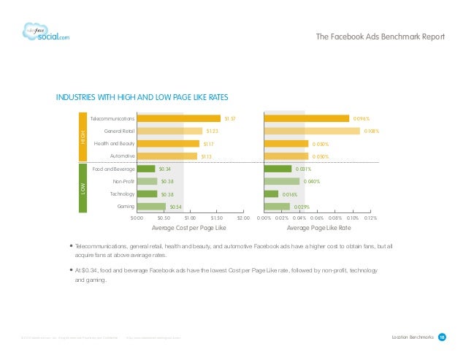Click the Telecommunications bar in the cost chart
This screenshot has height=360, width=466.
(x=178, y=118)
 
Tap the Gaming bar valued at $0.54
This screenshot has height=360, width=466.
(x=151, y=207)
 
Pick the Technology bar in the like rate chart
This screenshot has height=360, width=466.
(x=271, y=194)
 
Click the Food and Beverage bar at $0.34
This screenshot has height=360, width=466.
(x=146, y=169)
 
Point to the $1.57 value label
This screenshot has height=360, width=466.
(x=229, y=118)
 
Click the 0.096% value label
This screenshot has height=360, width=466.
(x=361, y=118)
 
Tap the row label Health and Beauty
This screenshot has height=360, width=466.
(x=114, y=143)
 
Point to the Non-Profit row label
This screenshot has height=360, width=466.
(x=122, y=181)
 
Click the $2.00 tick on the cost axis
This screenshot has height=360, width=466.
(x=244, y=218)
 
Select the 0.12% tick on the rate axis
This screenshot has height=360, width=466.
(x=370, y=218)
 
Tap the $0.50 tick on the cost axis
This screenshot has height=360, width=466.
(x=164, y=218)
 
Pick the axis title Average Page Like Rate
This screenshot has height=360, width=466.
(x=317, y=228)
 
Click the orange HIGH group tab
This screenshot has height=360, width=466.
(x=83, y=137)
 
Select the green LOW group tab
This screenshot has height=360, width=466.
(x=83, y=188)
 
